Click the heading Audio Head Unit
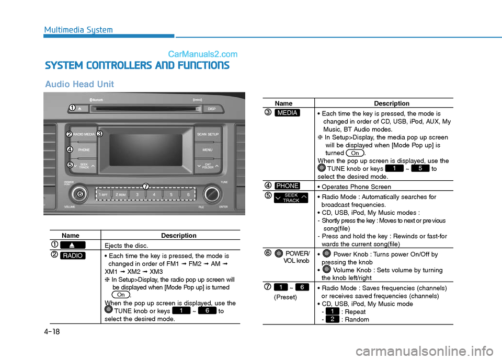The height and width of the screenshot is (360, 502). [x=79, y=84]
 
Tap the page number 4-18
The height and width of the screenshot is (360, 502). [x=52, y=331]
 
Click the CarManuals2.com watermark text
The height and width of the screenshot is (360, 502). [x=203, y=54]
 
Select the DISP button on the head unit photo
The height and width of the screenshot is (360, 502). [x=212, y=109]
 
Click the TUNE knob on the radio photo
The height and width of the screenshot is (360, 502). [x=212, y=194]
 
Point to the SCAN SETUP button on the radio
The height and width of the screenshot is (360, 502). [x=208, y=134]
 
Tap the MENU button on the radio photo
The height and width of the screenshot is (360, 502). [x=208, y=150]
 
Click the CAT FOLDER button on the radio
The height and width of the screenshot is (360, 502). [x=208, y=166]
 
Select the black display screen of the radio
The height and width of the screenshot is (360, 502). [x=146, y=150]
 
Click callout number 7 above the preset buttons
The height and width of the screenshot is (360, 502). [x=146, y=186]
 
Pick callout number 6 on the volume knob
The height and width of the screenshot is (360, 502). [x=79, y=194]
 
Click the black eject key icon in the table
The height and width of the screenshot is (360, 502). [x=73, y=245]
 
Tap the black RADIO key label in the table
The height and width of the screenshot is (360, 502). [x=73, y=256]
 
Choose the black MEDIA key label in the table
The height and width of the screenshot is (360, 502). [x=287, y=113]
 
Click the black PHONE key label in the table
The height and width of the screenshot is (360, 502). [x=287, y=185]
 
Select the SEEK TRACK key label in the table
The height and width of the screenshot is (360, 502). [x=291, y=198]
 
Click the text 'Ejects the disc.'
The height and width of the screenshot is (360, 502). [x=126, y=246]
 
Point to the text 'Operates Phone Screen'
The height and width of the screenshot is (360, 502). [x=356, y=187]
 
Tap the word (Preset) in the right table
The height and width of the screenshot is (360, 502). [x=286, y=297]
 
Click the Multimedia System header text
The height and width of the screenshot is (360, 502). [x=78, y=30]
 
